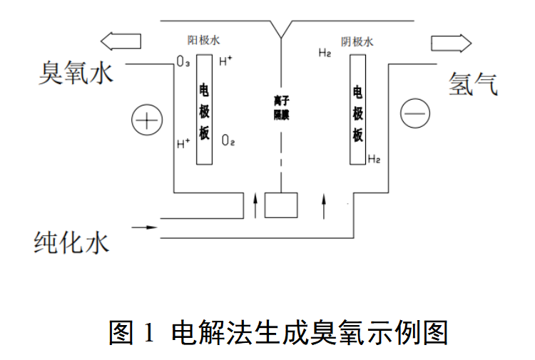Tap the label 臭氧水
pyautogui.click(x=76, y=73)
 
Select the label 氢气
pyautogui.click(x=472, y=83)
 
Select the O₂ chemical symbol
pyautogui.click(x=228, y=140)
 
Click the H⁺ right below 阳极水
pyautogui.click(x=225, y=61)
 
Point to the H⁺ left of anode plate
pyautogui.click(x=183, y=143)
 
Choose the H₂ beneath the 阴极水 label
pyautogui.click(x=325, y=53)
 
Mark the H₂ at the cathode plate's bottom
pyautogui.click(x=374, y=158)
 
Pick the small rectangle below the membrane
pyautogui.click(x=281, y=205)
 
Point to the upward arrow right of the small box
pyautogui.click(x=325, y=205)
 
